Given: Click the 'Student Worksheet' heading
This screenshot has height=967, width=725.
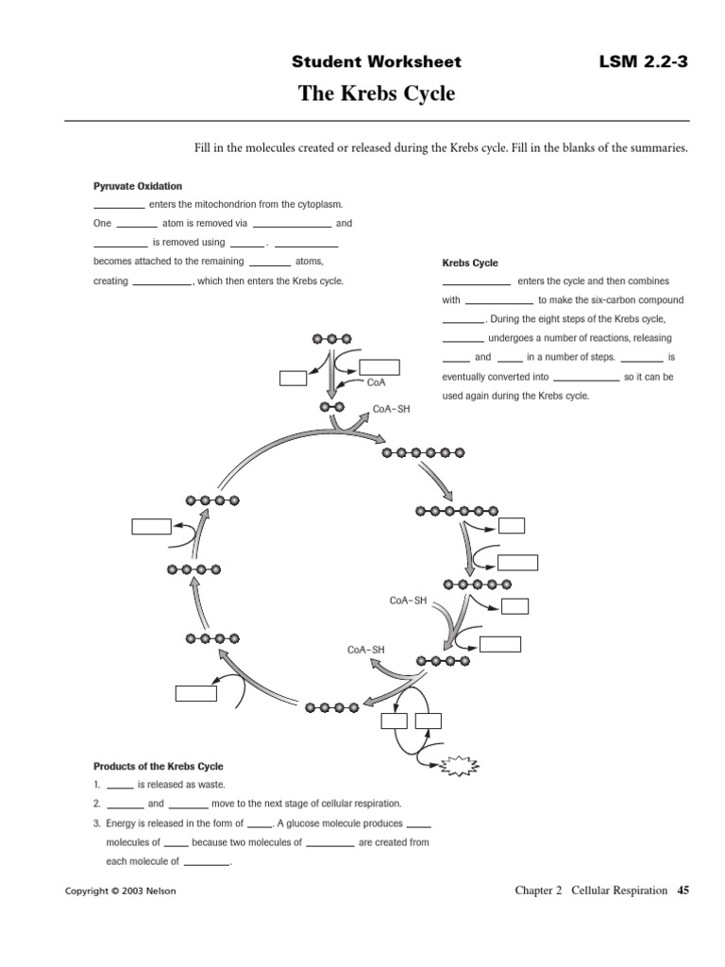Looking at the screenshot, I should point(376,62).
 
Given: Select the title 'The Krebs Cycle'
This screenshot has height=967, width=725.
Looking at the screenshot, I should point(377,93).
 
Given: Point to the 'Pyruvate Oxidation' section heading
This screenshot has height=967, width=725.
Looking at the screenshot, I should point(137,186).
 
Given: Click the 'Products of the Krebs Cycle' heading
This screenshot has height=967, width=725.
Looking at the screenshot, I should point(158,766).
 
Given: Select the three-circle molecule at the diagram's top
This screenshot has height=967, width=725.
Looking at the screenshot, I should point(330,337).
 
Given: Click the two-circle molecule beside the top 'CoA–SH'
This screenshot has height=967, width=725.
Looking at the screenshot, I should point(331,407).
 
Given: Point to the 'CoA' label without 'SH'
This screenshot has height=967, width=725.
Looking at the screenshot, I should point(375,382).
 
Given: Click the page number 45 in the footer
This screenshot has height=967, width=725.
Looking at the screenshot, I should point(683,890).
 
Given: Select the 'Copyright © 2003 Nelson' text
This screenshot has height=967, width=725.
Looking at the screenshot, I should point(119,891).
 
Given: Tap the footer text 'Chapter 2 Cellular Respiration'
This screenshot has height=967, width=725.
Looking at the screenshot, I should point(591,890).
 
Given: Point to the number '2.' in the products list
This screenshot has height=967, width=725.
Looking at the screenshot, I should point(96,804).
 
